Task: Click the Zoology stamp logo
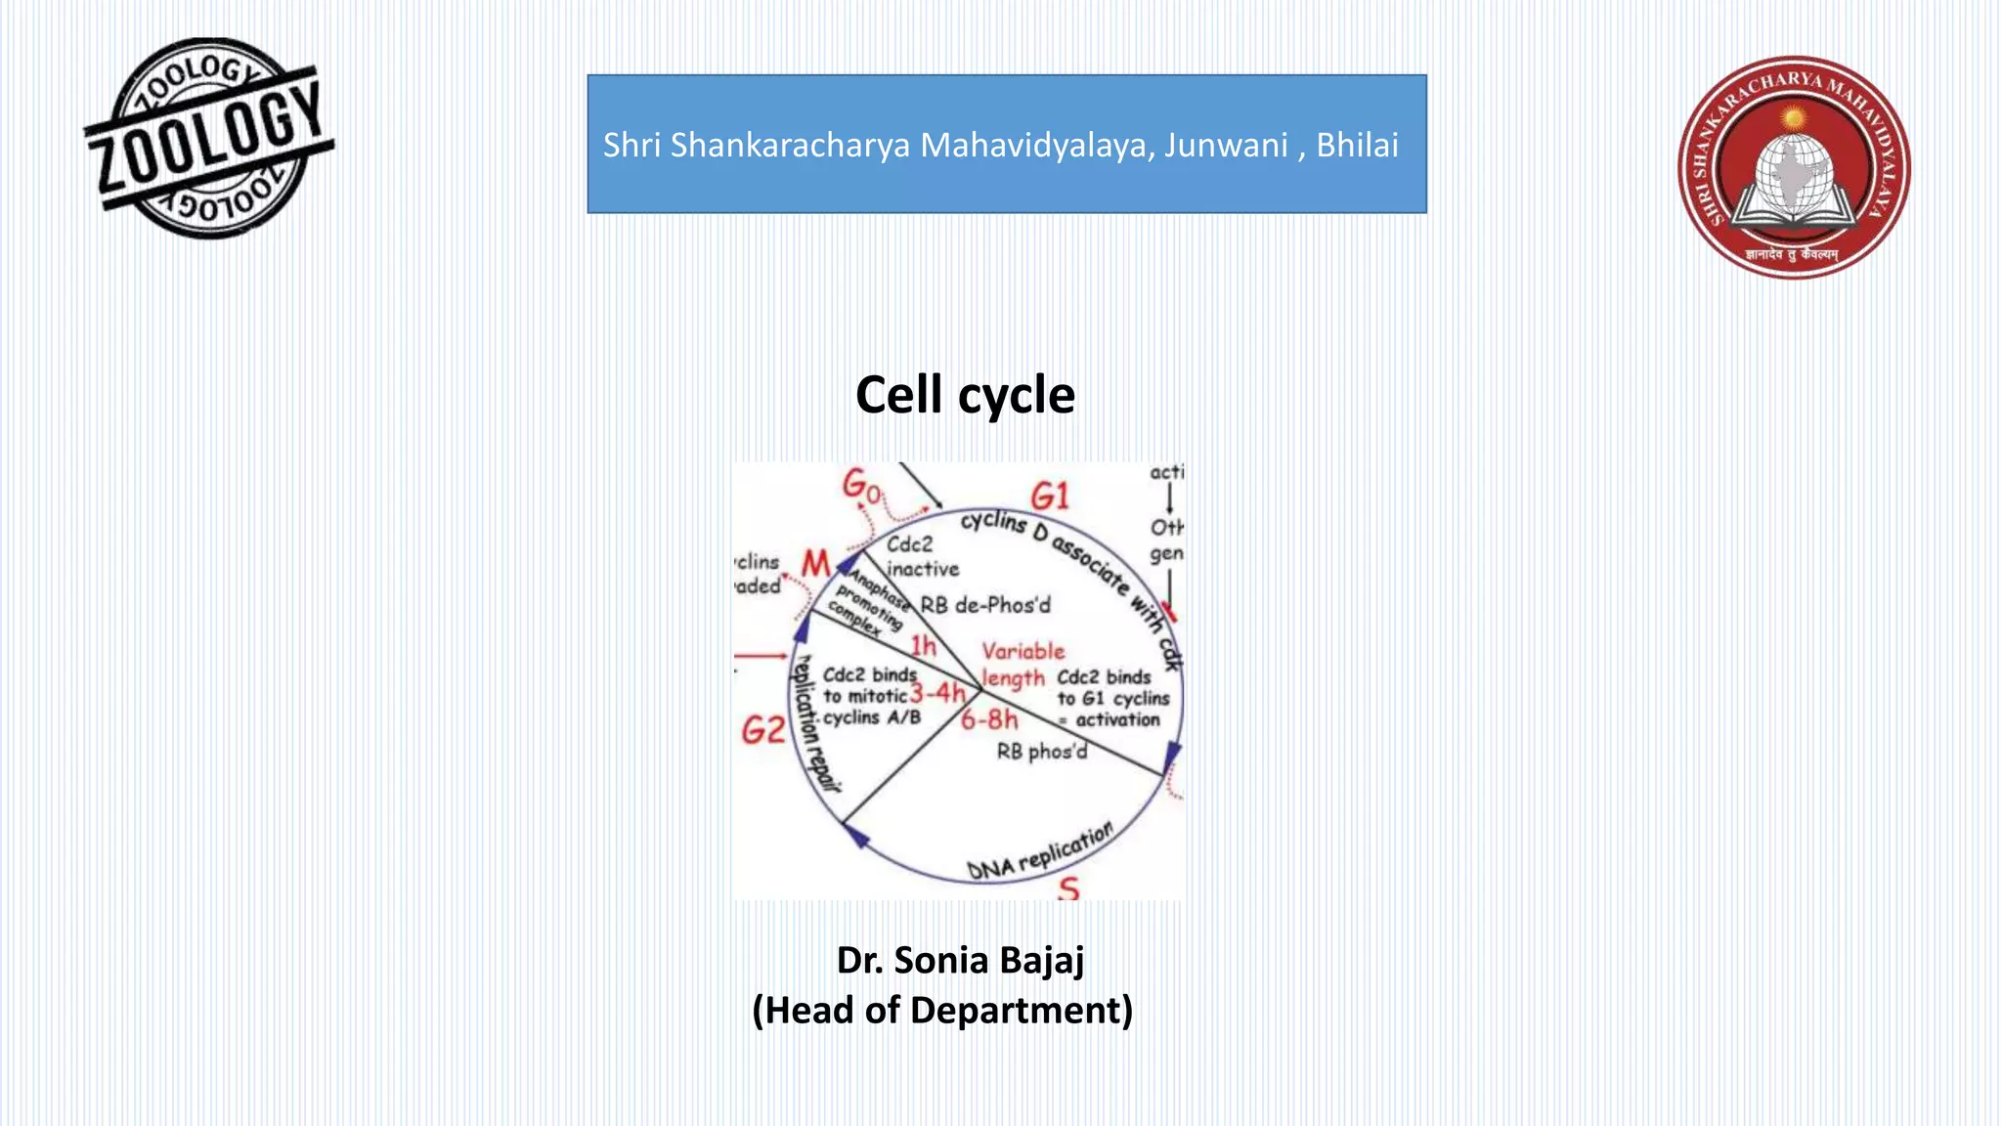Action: pos(209,139)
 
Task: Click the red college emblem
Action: pos(1794,166)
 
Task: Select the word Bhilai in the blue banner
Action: pos(1357,145)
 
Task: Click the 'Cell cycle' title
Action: pos(965,395)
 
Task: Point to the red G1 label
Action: pos(1050,496)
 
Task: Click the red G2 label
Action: pos(762,729)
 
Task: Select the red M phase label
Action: pos(815,563)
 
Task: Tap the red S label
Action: pos(1068,888)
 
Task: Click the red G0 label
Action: pos(861,485)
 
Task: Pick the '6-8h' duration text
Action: pos(988,720)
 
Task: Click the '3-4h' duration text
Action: pos(936,693)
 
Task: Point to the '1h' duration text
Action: pos(923,645)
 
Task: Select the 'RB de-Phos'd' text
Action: pos(985,605)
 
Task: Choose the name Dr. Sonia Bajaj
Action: pos(960,960)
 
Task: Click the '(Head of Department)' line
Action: pos(942,1010)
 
